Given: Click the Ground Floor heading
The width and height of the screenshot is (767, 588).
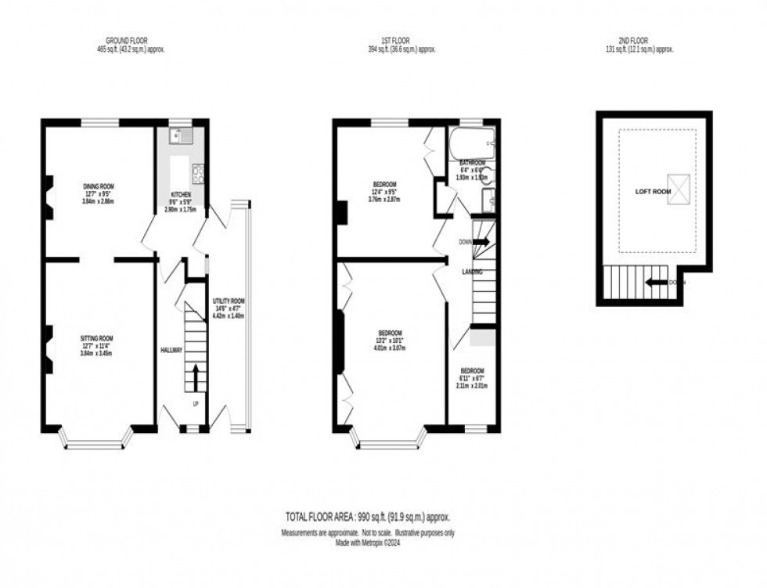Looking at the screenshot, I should click(126, 41).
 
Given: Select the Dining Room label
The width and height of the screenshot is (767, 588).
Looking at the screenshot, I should click(99, 186).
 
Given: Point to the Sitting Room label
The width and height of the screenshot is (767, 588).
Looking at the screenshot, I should click(99, 337).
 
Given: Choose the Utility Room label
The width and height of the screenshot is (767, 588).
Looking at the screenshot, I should click(229, 301).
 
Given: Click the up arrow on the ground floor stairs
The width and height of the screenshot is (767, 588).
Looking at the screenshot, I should click(195, 377).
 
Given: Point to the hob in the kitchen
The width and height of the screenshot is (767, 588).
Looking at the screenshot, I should click(199, 173).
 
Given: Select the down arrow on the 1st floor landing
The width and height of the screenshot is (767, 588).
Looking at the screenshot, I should click(481, 242).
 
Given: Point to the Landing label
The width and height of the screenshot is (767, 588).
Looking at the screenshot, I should click(472, 272).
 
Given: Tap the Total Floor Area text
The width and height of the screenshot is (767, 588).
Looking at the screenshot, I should click(367, 518).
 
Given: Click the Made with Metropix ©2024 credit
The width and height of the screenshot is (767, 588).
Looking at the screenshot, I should click(367, 542).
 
